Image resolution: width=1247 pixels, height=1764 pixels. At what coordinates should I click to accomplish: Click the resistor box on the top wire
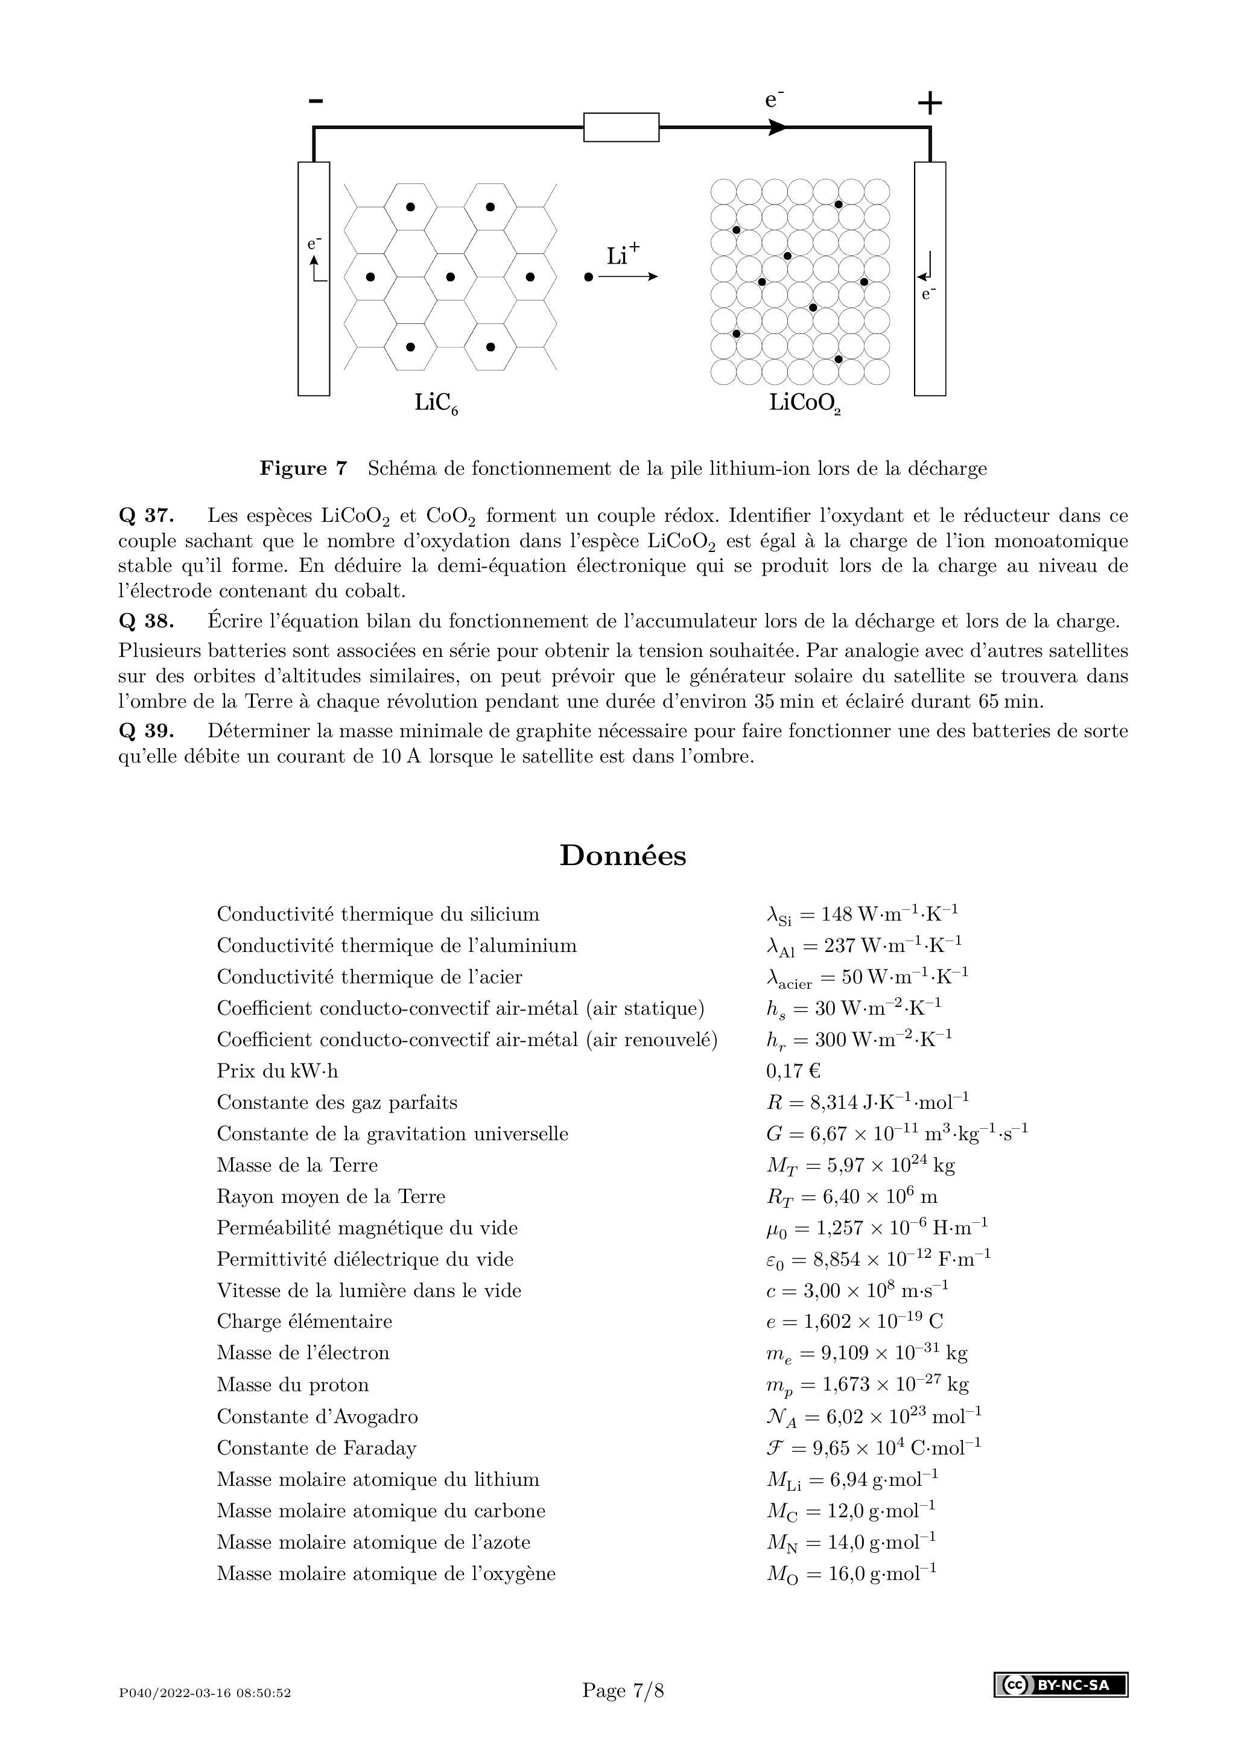pos(621,127)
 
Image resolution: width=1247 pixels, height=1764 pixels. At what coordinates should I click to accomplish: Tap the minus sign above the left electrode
pos(316,101)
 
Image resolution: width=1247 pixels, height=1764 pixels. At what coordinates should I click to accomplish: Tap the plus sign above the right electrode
pos(930,102)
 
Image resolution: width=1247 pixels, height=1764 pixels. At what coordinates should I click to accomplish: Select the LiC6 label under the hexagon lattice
pos(436,404)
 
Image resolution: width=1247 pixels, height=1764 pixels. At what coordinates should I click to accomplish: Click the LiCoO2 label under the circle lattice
pos(804,404)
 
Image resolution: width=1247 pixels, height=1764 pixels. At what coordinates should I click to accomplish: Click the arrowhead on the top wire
pos(778,127)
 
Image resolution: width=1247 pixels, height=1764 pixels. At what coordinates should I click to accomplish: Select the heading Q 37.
pos(146,516)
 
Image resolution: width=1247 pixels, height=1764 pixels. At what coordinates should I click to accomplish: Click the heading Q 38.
pos(146,621)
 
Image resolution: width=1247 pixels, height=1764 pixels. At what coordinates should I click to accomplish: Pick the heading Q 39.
pos(146,731)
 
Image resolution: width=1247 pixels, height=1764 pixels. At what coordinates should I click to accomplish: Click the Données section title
pos(623,855)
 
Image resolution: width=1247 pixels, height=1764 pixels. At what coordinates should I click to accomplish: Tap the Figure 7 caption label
pos(303,468)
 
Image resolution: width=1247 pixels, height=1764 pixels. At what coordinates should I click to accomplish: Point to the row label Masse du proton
pos(292,1385)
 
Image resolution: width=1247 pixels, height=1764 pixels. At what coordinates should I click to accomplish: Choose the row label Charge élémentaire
pos(303,1321)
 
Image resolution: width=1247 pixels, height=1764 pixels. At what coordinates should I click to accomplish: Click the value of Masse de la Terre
pos(860,1166)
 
